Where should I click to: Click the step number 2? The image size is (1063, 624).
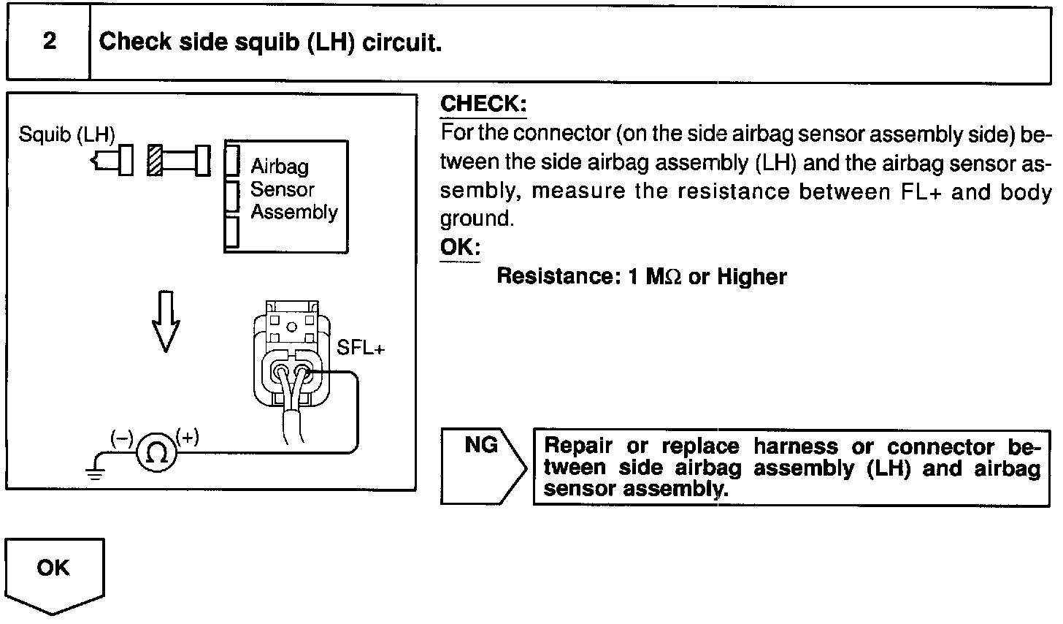tap(49, 42)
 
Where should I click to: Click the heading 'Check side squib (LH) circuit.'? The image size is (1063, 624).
tap(271, 42)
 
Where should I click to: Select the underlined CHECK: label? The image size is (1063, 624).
tap(483, 104)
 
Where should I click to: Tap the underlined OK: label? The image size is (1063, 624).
tap(459, 247)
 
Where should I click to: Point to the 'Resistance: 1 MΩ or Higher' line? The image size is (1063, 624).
tap(641, 277)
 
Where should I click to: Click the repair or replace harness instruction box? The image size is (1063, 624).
tap(791, 467)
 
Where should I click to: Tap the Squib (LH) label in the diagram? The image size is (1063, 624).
tap(66, 135)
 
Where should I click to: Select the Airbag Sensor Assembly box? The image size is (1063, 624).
tap(286, 195)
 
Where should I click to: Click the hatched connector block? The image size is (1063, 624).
tap(154, 160)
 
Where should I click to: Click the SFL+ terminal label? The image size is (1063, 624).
tap(360, 348)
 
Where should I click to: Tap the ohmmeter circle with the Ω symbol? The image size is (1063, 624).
tap(156, 454)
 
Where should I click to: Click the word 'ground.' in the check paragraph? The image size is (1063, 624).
tap(477, 219)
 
